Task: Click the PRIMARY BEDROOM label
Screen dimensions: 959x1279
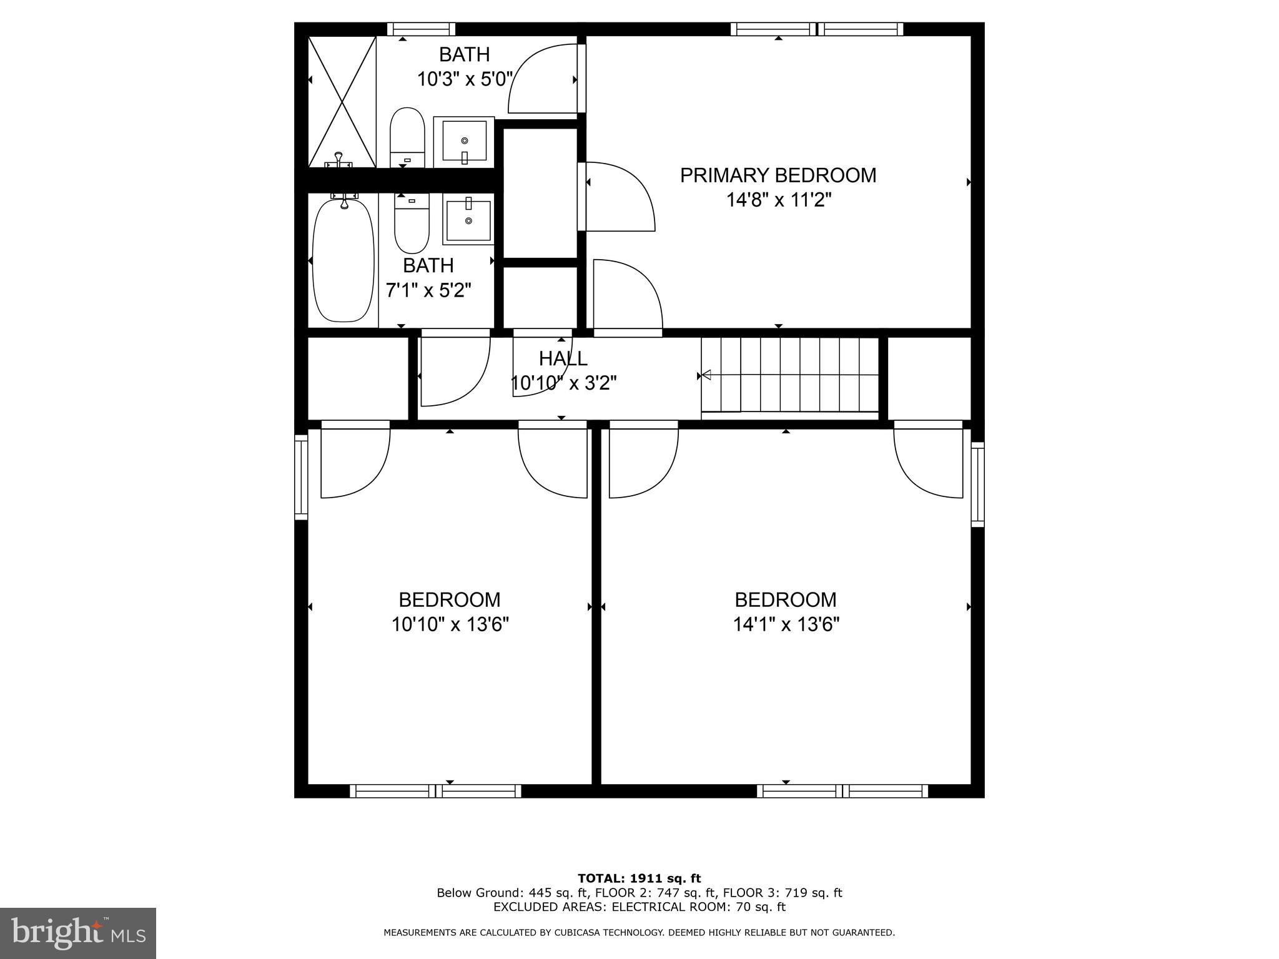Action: point(778,175)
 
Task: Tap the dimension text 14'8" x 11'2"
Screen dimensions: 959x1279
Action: point(778,200)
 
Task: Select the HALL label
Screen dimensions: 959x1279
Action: point(563,358)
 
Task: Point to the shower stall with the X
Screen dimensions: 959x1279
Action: point(342,102)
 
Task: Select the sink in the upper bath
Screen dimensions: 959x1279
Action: point(464,142)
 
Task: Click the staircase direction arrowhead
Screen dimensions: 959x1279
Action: point(706,375)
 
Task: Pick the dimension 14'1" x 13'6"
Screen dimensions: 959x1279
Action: point(786,624)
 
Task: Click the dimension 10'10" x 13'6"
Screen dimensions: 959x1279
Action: point(450,624)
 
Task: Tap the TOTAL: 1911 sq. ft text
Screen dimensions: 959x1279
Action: point(639,878)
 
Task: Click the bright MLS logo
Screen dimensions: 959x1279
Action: point(78,933)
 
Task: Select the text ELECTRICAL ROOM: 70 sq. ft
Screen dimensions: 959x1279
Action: point(698,907)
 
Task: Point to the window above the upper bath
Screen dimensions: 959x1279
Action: point(421,29)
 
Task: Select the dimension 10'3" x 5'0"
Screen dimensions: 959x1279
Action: point(465,79)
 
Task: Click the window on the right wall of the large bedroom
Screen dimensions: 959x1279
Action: point(977,484)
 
